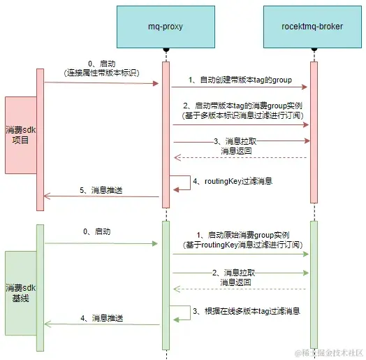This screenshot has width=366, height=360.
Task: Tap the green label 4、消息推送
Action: [101, 318]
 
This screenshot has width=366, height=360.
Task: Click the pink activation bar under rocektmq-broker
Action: [314, 133]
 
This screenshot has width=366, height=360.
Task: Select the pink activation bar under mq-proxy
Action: [166, 133]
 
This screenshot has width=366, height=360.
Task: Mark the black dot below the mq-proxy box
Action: [166, 50]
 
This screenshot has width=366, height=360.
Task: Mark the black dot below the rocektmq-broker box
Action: [314, 50]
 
